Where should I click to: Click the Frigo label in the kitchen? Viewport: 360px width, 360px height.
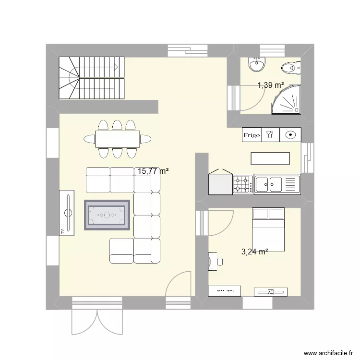(252, 135)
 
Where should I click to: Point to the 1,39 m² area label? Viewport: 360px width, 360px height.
(271, 85)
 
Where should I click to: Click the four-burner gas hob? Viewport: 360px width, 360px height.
(243, 184)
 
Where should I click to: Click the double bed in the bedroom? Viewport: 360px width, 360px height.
(269, 228)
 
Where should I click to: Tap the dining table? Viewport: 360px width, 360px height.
(117, 139)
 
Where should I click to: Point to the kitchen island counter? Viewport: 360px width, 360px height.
(270, 158)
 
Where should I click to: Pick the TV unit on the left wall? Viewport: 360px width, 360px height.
(67, 213)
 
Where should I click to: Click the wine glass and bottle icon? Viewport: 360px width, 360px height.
(270, 135)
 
